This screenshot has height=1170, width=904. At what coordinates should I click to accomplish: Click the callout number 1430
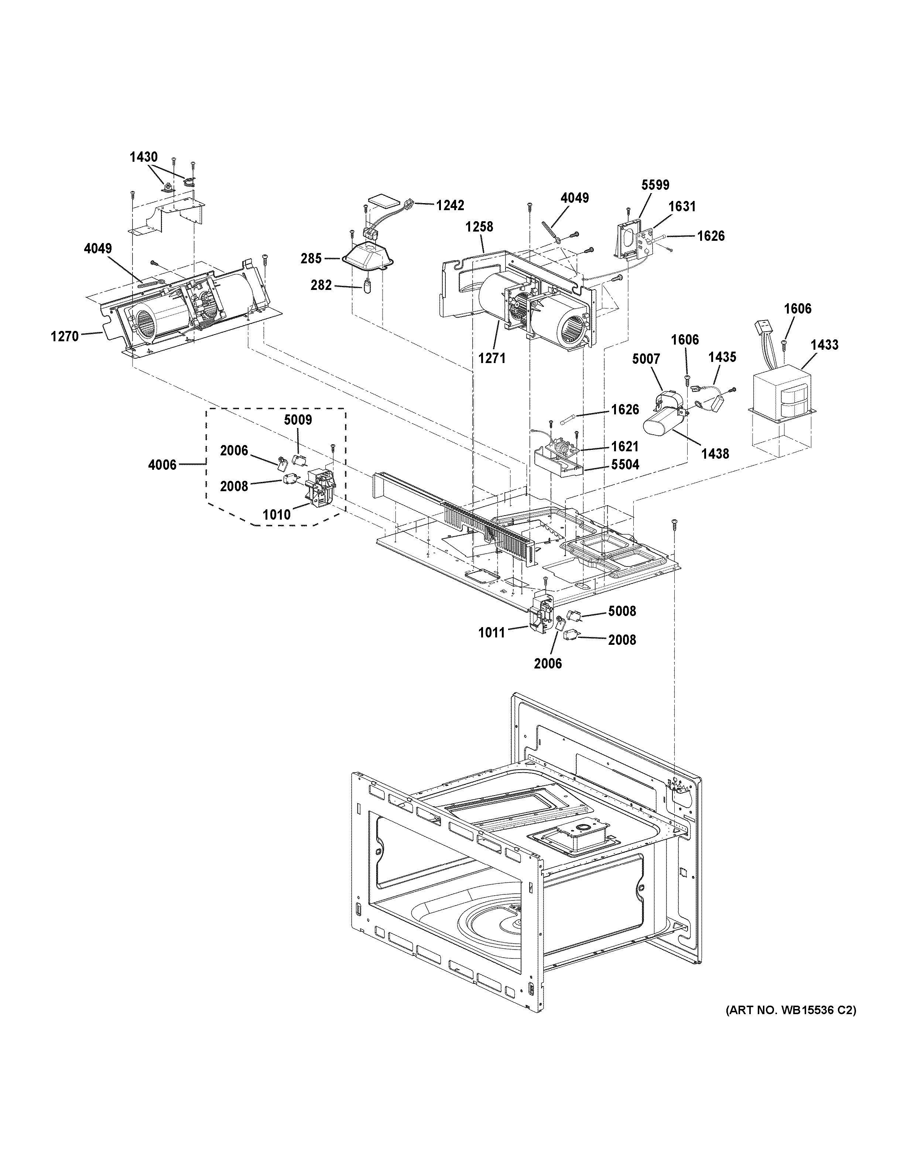144,157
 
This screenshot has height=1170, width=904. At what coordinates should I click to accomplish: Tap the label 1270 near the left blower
65,336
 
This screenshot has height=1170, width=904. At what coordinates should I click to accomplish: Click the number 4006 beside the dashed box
162,465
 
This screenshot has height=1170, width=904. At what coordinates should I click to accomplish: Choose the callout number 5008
622,611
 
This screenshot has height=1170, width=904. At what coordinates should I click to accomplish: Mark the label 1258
479,227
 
